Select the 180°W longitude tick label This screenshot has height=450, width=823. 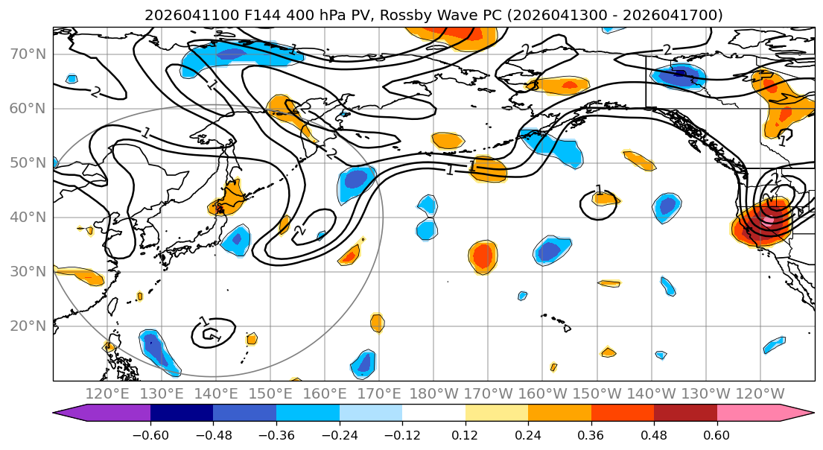point(433,393)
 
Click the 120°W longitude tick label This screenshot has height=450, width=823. point(760,393)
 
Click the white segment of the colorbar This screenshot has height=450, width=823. point(433,413)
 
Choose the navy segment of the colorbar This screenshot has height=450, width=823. point(182,413)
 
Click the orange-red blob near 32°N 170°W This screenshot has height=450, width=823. point(483,256)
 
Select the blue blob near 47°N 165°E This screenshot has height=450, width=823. point(356,181)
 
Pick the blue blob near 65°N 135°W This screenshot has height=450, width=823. point(679,75)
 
